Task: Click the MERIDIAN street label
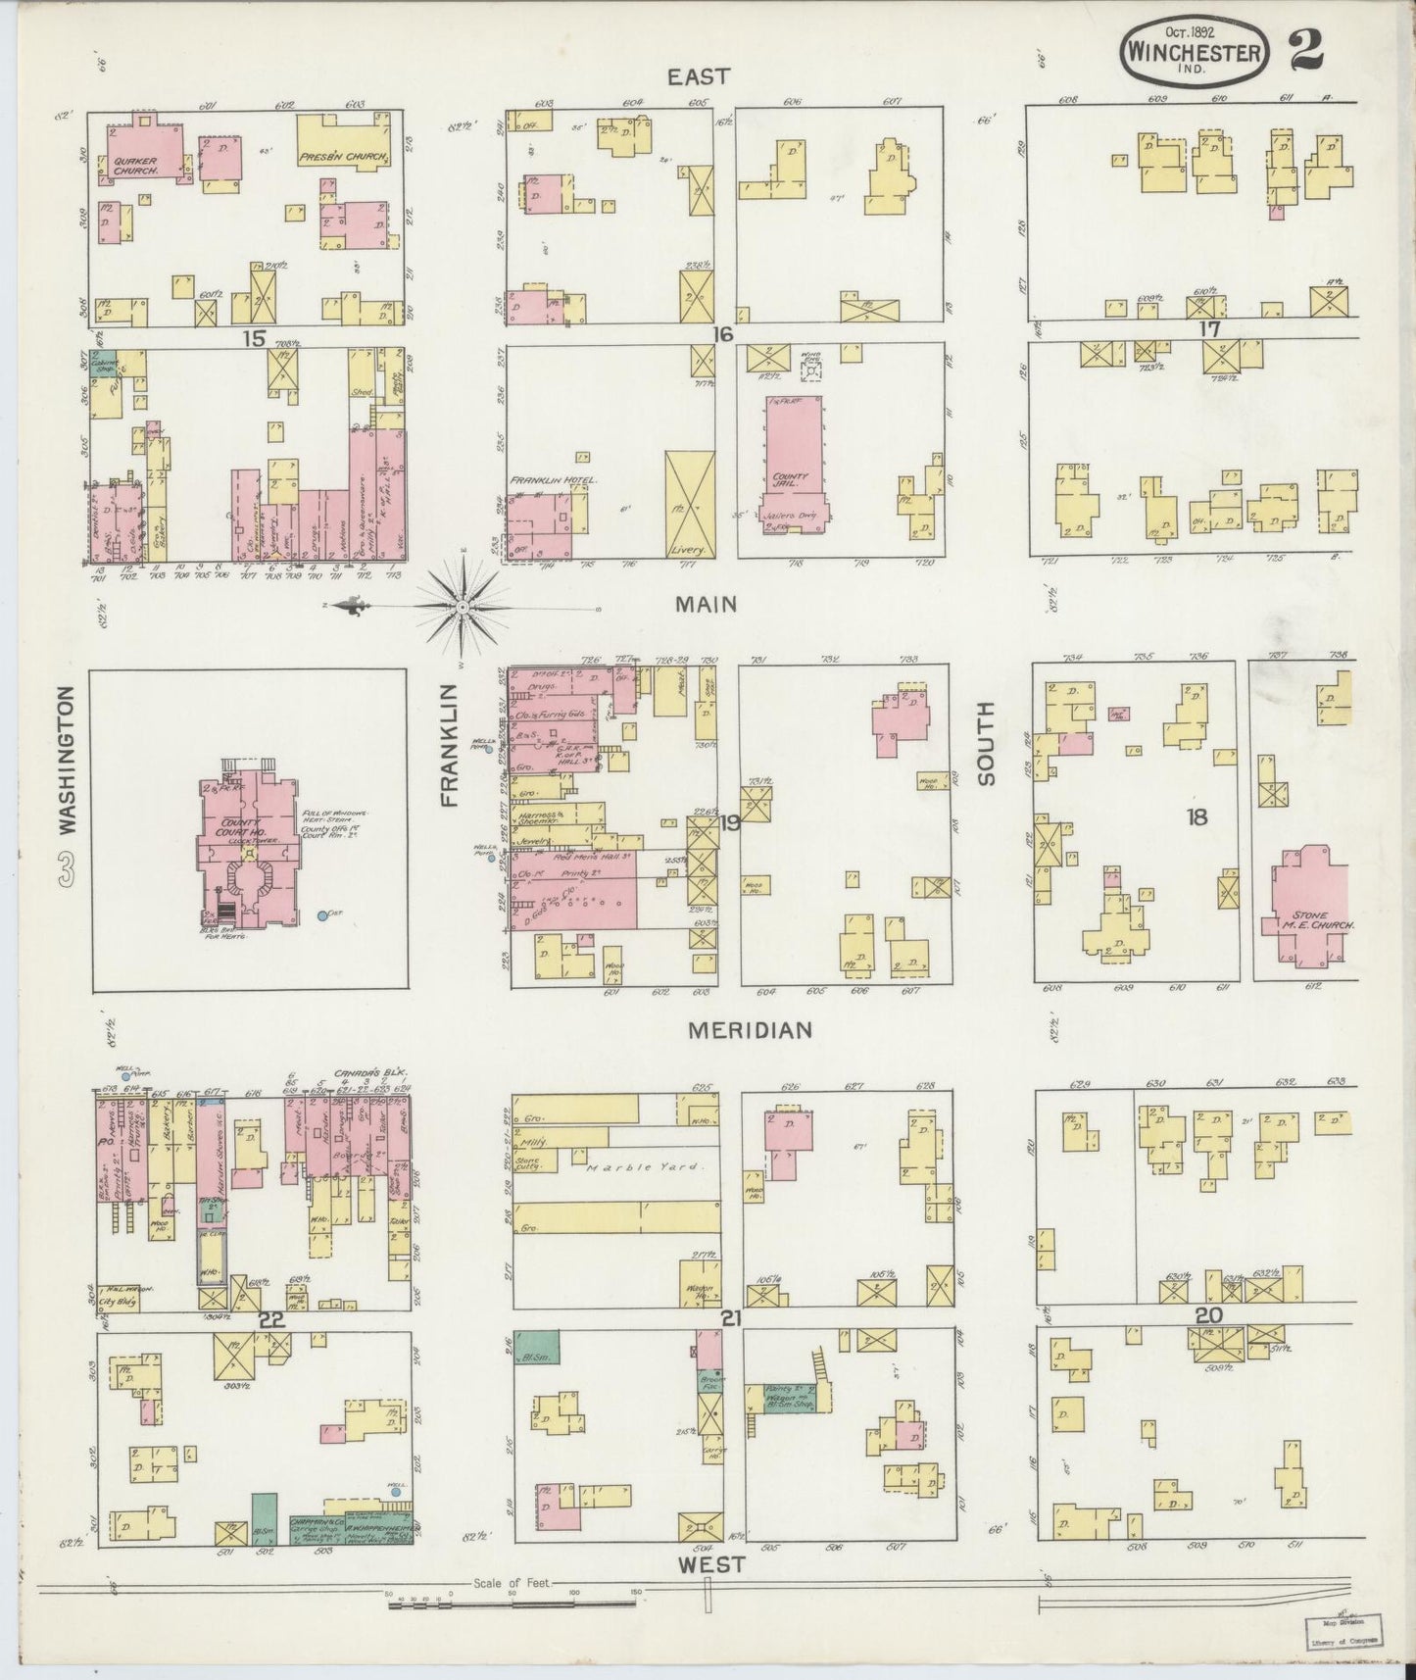(x=750, y=1030)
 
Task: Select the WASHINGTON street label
(x=66, y=759)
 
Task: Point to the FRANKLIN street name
(x=450, y=745)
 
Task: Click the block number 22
(x=270, y=1320)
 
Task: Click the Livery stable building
(x=690, y=505)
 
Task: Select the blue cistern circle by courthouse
(x=322, y=916)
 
